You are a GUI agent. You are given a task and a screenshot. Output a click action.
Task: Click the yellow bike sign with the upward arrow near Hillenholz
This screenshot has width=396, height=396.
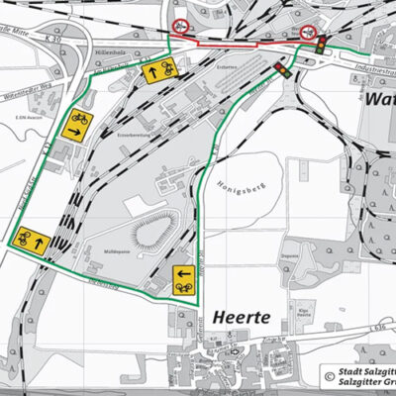click(x=158, y=71)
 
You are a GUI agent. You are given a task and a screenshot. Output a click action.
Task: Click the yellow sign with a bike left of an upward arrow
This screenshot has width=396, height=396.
click(x=31, y=240)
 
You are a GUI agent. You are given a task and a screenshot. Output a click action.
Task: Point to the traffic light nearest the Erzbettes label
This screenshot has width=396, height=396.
click(x=281, y=70)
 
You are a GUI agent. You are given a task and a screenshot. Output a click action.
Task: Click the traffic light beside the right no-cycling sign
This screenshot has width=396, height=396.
click(x=323, y=43)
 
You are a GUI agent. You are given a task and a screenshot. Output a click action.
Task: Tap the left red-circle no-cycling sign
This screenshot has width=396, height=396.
click(x=180, y=26)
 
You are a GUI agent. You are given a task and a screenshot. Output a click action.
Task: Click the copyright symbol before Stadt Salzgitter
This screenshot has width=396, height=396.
click(x=328, y=376)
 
